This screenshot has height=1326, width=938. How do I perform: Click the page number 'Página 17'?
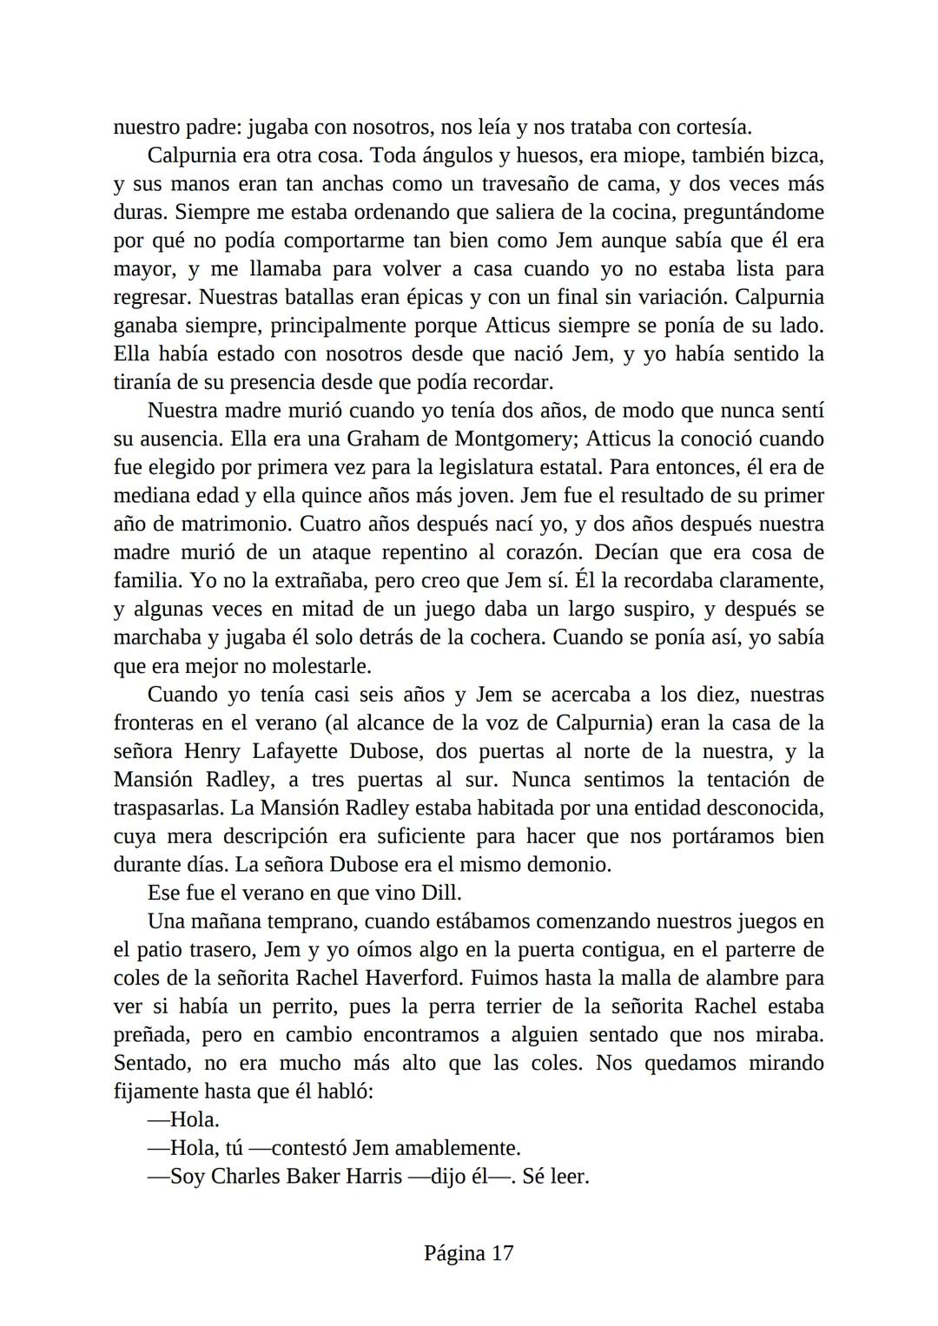(469, 1253)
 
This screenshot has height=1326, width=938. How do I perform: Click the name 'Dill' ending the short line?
(440, 893)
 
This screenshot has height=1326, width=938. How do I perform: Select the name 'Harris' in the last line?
(371, 1177)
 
